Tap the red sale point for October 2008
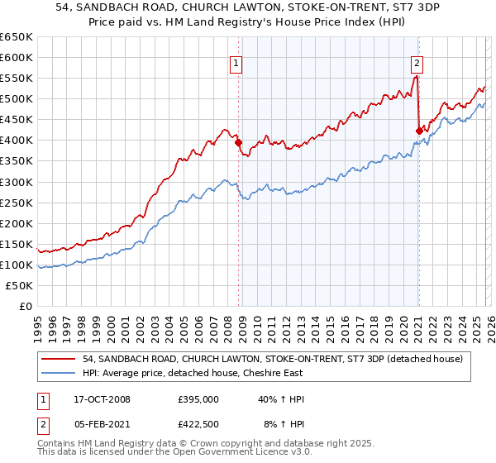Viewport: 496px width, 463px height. (x=239, y=142)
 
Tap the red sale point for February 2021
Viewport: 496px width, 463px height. (x=419, y=131)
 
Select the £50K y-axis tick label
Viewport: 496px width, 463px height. (x=20, y=285)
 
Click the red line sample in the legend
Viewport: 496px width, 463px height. (x=59, y=358)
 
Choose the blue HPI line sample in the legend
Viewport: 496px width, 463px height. (x=59, y=372)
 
